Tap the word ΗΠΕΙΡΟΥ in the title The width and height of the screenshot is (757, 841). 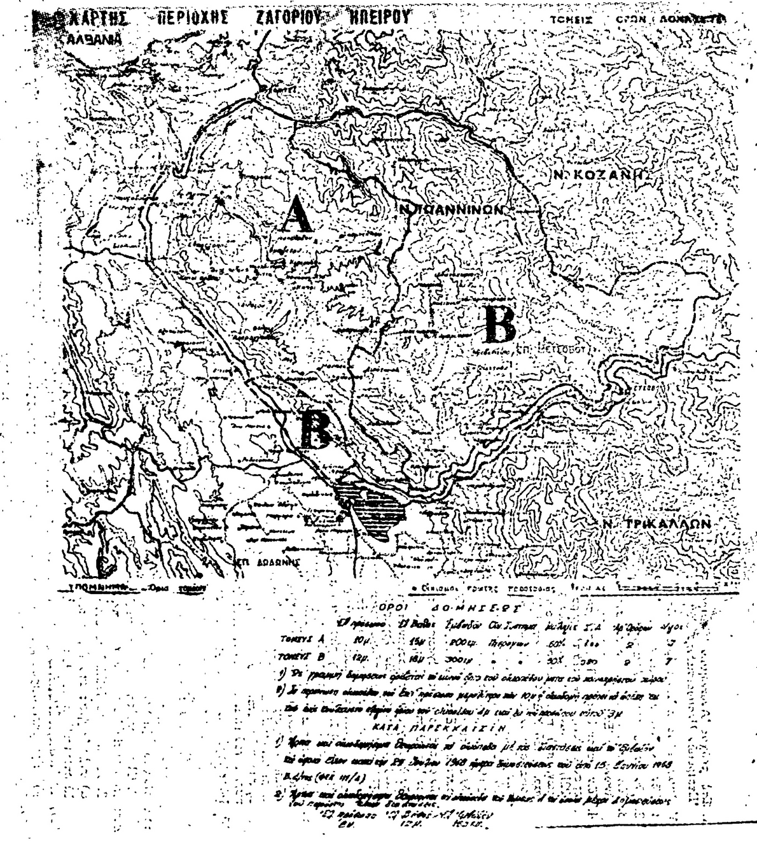pos(382,17)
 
